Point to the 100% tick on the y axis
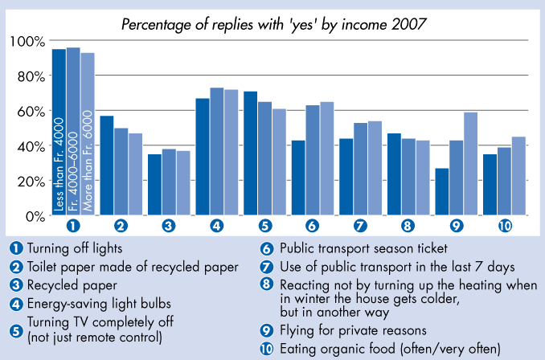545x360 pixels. pos(27,40)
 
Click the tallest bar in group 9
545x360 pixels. pos(472,164)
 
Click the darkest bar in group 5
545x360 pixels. pos(251,153)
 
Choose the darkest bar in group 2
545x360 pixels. pos(106,166)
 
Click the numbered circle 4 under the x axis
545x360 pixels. pos(216,226)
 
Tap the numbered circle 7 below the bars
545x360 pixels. pos(361,226)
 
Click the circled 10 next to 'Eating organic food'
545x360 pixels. pos(265,348)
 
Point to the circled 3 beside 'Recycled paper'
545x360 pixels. pos(15,284)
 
